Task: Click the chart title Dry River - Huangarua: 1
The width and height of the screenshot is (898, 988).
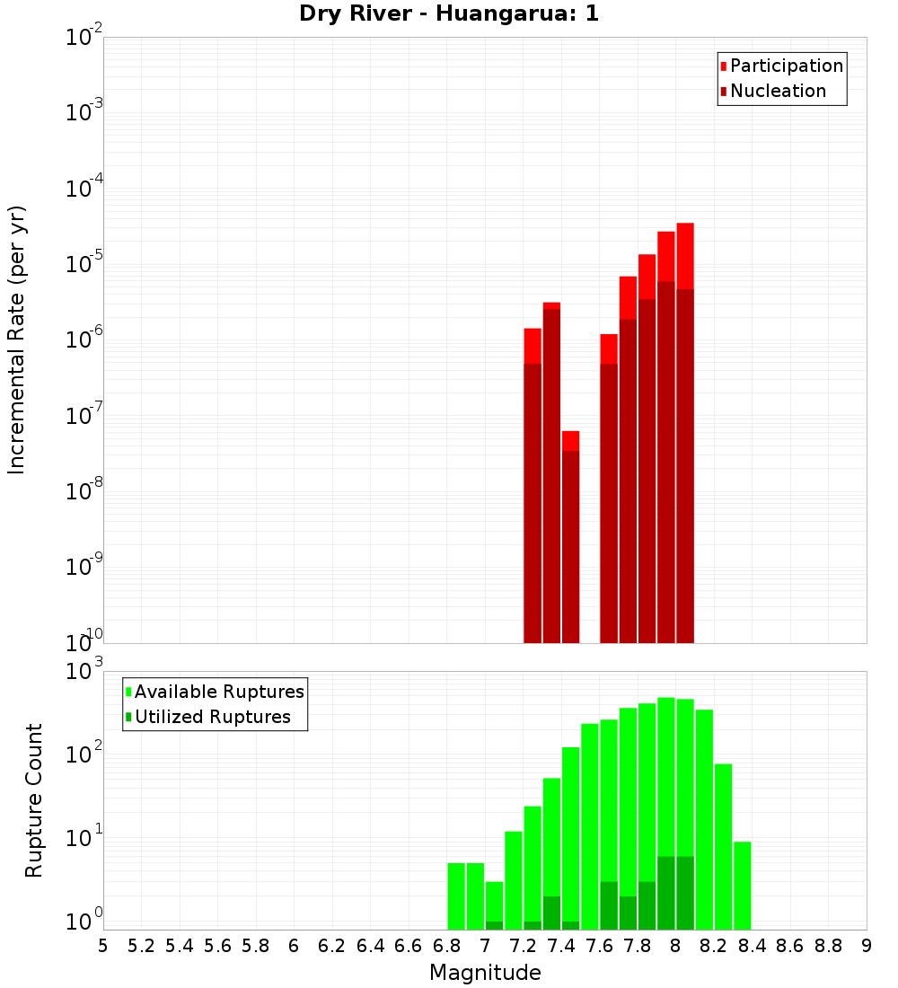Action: (449, 13)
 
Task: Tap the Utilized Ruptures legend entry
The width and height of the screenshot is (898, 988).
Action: (212, 717)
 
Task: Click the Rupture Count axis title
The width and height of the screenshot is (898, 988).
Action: (34, 799)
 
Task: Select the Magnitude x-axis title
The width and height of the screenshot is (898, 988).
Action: (485, 973)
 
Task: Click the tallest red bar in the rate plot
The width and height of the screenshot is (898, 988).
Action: (685, 431)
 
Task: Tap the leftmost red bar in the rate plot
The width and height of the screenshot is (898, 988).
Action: (533, 485)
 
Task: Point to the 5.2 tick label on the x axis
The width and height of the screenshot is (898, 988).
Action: (141, 946)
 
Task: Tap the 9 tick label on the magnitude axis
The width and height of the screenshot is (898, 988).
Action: (866, 946)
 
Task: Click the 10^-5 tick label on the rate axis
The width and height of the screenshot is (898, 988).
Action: (84, 264)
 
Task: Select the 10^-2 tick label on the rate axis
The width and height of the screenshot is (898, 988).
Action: (84, 37)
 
